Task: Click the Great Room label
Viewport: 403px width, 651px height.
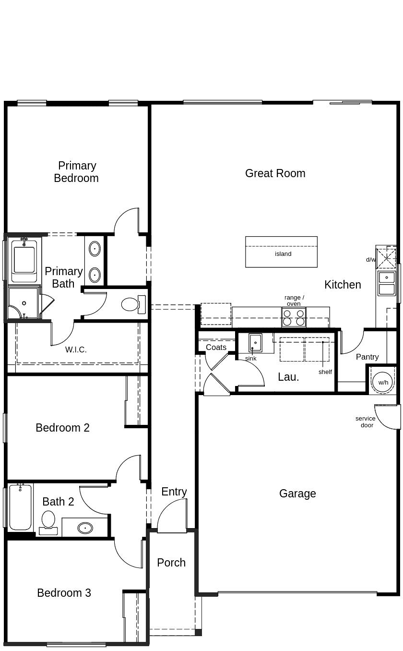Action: click(x=275, y=173)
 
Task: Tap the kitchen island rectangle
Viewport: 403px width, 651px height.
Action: click(x=281, y=252)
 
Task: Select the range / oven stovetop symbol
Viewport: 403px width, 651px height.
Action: click(x=294, y=318)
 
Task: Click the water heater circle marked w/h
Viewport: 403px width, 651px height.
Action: click(x=383, y=382)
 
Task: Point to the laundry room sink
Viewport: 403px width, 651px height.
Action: click(x=255, y=343)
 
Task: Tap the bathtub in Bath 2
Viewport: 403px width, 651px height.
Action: click(x=20, y=507)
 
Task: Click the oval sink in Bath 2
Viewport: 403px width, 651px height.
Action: click(x=85, y=528)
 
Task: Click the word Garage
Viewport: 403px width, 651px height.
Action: click(x=297, y=494)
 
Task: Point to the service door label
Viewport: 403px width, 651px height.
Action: click(x=366, y=422)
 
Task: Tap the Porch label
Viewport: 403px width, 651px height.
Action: click(x=171, y=563)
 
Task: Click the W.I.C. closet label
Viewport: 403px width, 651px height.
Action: click(x=76, y=350)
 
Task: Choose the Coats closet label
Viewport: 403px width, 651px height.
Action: click(x=216, y=347)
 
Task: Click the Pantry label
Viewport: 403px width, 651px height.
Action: click(x=367, y=357)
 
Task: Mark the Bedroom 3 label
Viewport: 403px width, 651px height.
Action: click(x=64, y=593)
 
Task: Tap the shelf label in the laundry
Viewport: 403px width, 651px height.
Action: click(x=325, y=372)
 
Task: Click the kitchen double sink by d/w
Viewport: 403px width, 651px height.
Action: click(x=386, y=283)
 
